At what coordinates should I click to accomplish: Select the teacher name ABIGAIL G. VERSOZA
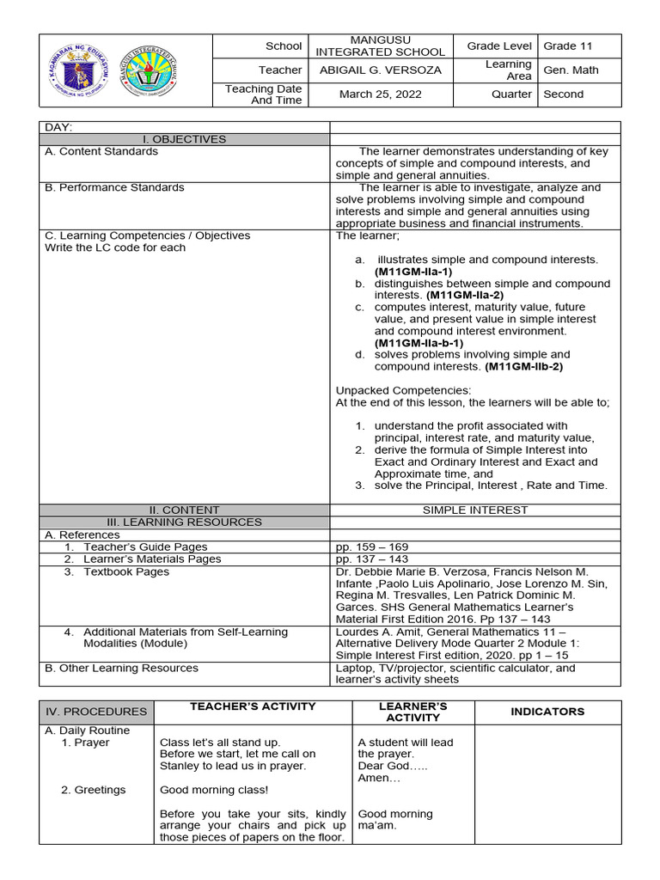[x=380, y=70]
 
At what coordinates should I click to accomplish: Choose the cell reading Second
[x=564, y=95]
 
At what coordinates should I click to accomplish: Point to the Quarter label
[x=511, y=95]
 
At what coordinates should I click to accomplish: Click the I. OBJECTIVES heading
[x=185, y=139]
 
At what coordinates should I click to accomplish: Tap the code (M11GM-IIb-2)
[x=526, y=367]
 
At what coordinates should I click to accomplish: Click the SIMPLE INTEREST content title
[x=475, y=510]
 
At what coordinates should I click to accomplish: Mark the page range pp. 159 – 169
[x=372, y=547]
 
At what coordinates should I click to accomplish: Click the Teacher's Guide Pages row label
[x=144, y=547]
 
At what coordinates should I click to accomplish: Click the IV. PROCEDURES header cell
[x=96, y=712]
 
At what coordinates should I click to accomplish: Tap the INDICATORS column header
[x=547, y=712]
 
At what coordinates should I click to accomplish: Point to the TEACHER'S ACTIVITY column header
[x=253, y=706]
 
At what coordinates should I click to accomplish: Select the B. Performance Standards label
[x=114, y=187]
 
